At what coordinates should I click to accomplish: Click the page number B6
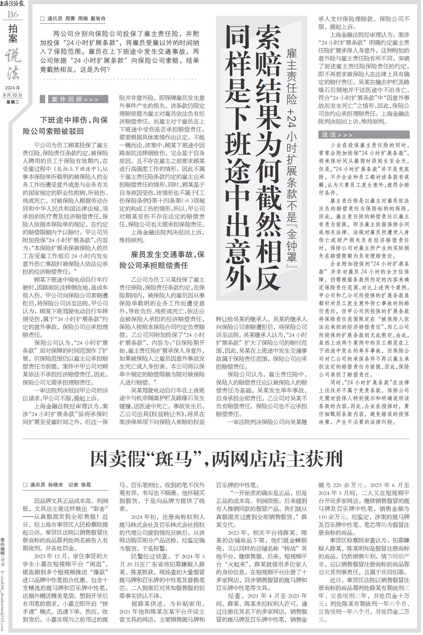(13, 14)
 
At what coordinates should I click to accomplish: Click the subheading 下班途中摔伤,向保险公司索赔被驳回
(65, 126)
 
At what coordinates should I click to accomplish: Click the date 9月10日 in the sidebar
(13, 95)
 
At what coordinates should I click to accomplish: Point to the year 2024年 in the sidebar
(13, 88)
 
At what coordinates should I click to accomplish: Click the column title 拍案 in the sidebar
(13, 34)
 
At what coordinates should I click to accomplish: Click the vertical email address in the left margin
(3, 595)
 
